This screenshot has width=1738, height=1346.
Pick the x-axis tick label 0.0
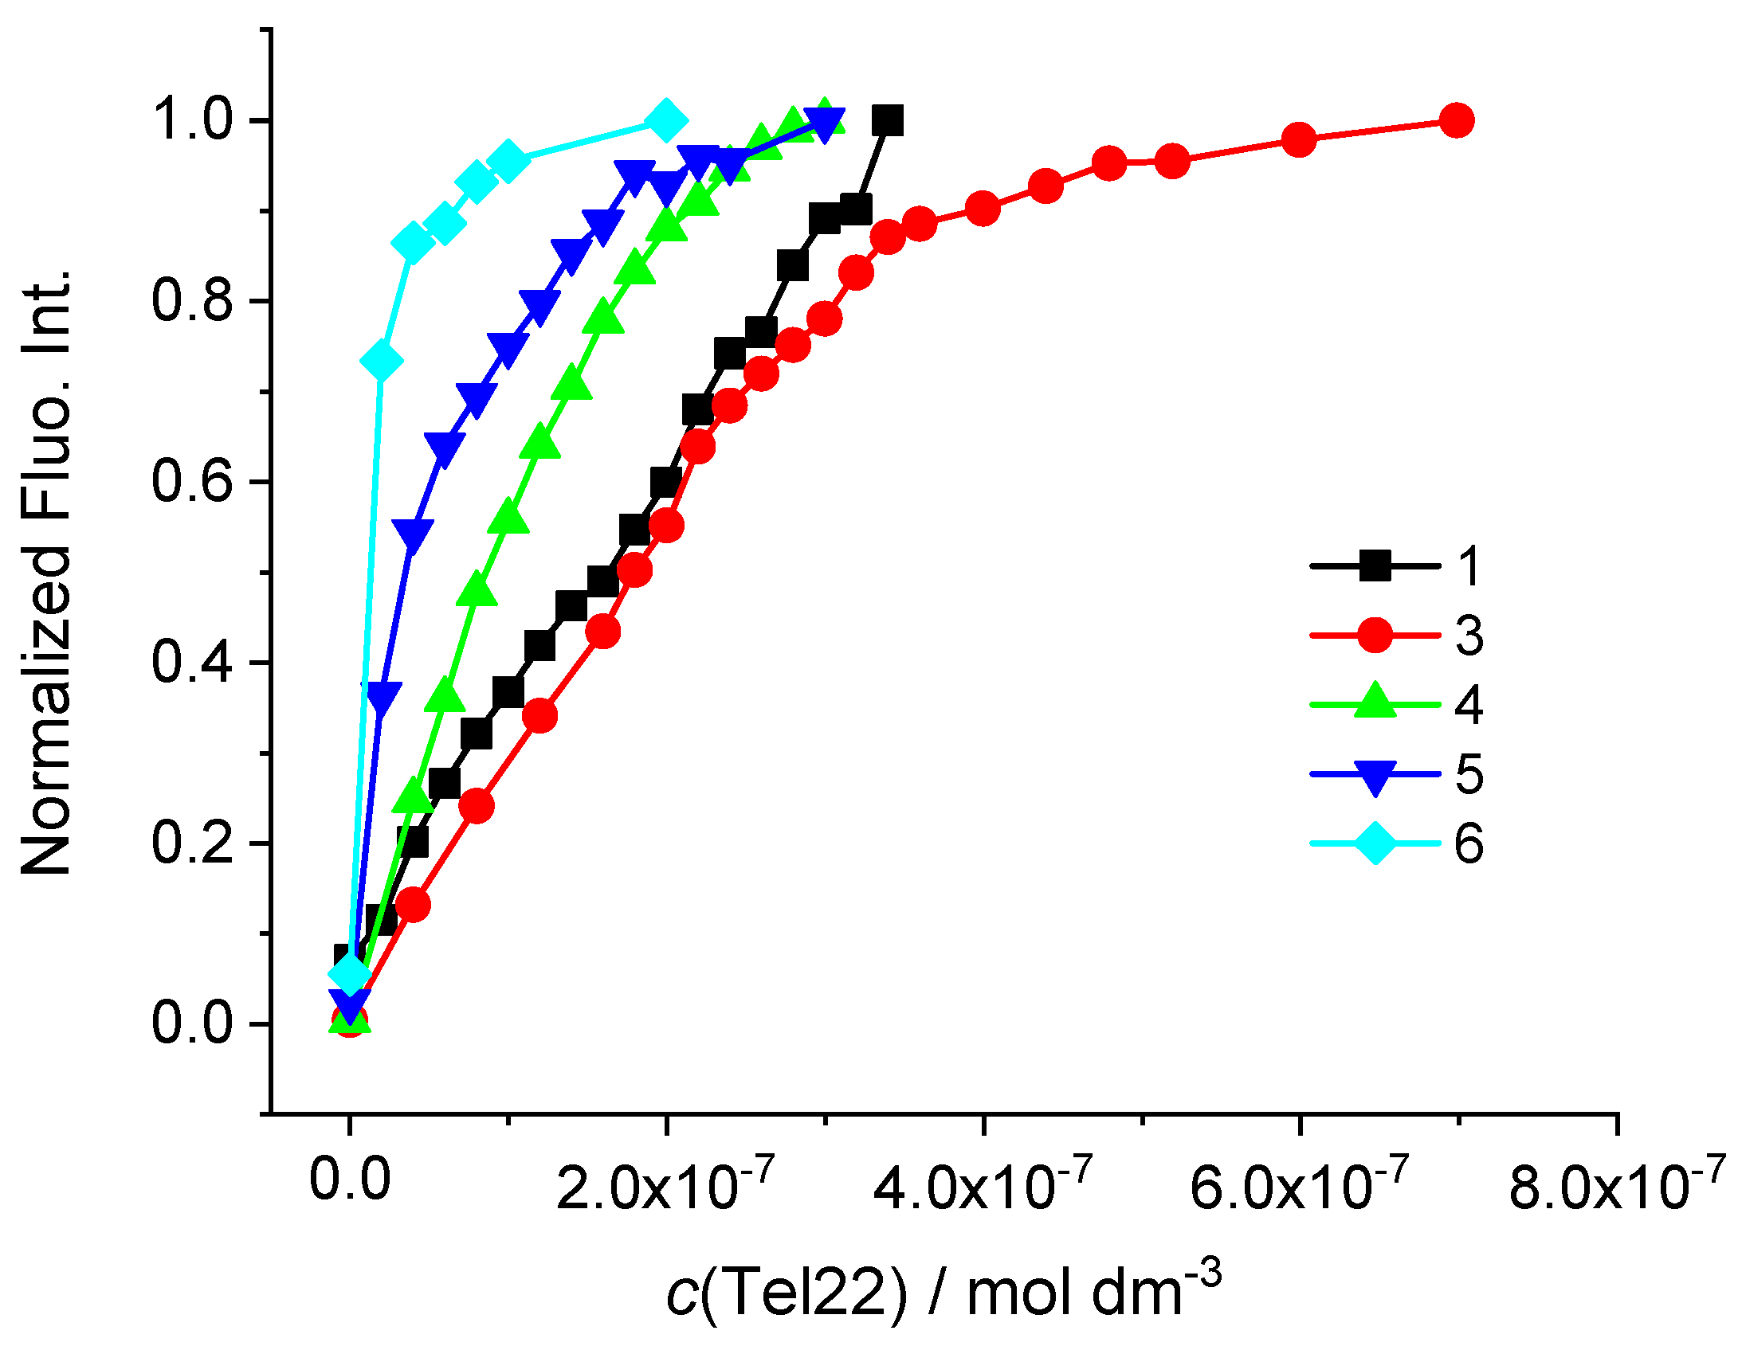[x=350, y=1181]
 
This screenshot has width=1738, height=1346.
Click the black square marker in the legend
[x=1375, y=566]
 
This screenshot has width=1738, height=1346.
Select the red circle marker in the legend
[x=1375, y=636]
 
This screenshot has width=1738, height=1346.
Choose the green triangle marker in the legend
[x=1375, y=703]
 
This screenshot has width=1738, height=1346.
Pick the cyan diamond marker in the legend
[x=1375, y=843]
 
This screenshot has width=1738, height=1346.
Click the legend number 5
[x=1469, y=774]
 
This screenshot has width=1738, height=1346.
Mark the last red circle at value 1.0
[x=1457, y=121]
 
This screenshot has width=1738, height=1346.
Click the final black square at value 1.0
[x=887, y=121]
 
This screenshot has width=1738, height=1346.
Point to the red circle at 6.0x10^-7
[x=1299, y=140]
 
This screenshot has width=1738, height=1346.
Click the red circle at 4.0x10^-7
[x=983, y=209]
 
